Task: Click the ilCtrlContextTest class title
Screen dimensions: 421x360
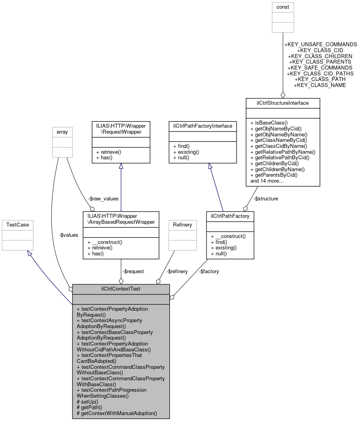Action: (121, 289)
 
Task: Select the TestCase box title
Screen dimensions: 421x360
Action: (17, 225)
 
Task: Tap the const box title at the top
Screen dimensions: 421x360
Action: (283, 7)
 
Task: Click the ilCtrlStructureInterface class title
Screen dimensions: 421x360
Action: (282, 103)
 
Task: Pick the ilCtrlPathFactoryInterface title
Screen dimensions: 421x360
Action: (203, 126)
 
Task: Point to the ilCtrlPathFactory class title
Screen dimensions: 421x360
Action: (230, 216)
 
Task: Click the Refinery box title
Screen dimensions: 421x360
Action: (182, 225)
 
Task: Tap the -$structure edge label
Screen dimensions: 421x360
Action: (265, 198)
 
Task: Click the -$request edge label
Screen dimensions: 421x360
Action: (133, 271)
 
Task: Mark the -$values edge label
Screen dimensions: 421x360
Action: (68, 235)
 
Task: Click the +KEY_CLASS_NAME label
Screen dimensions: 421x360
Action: (320, 85)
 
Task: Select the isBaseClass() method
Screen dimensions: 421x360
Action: (269, 123)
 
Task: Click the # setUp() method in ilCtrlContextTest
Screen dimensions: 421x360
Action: (88, 402)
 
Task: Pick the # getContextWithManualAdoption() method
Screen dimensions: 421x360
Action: (117, 413)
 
